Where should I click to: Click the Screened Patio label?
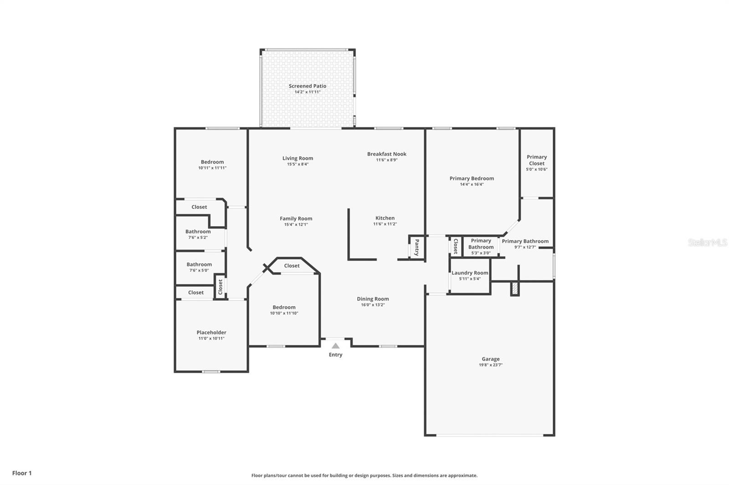coord(307,86)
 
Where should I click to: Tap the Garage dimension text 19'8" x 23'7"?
coord(491,365)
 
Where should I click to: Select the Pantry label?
coord(416,248)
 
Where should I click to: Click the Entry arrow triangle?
coord(335,346)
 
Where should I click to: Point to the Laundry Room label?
coord(470,273)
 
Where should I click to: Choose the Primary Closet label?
coord(537,160)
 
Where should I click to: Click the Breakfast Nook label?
coord(387,154)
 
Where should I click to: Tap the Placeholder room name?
coord(211,333)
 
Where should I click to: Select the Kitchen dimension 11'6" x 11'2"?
coord(385,224)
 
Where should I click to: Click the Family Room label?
coord(296,219)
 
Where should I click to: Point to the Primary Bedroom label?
coord(472,178)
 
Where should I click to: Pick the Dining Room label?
coord(373,299)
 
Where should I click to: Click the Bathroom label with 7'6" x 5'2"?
coord(198,232)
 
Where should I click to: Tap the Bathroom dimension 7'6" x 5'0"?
coord(199,270)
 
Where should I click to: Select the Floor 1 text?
coord(22,473)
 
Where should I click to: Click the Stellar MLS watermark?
coord(708,243)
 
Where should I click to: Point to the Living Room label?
coord(298,158)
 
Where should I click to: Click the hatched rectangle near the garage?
coord(515,288)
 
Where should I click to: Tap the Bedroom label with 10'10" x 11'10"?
coord(284,307)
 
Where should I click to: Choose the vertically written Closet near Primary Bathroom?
coord(455,246)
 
